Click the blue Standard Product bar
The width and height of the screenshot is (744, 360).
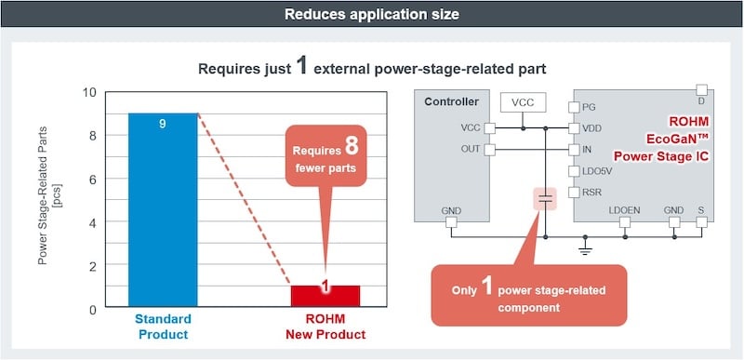coord(163,210)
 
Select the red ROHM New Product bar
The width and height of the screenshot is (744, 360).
coord(325,297)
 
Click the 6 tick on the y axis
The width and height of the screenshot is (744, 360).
coord(91,179)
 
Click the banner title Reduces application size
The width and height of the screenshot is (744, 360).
coord(371,16)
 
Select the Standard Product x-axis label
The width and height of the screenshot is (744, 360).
coord(163,327)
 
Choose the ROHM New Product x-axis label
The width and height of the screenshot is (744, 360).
coord(325,327)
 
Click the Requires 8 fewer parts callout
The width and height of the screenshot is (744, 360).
coord(325,158)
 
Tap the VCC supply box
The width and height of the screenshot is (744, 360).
coord(523,101)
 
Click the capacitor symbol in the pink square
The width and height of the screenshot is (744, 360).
coord(545,199)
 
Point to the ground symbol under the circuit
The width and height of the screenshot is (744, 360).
coord(585,249)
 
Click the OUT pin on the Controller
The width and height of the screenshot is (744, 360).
coord(490,149)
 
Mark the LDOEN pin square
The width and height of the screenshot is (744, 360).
coord(624,223)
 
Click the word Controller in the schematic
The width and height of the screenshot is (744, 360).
coord(451,101)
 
